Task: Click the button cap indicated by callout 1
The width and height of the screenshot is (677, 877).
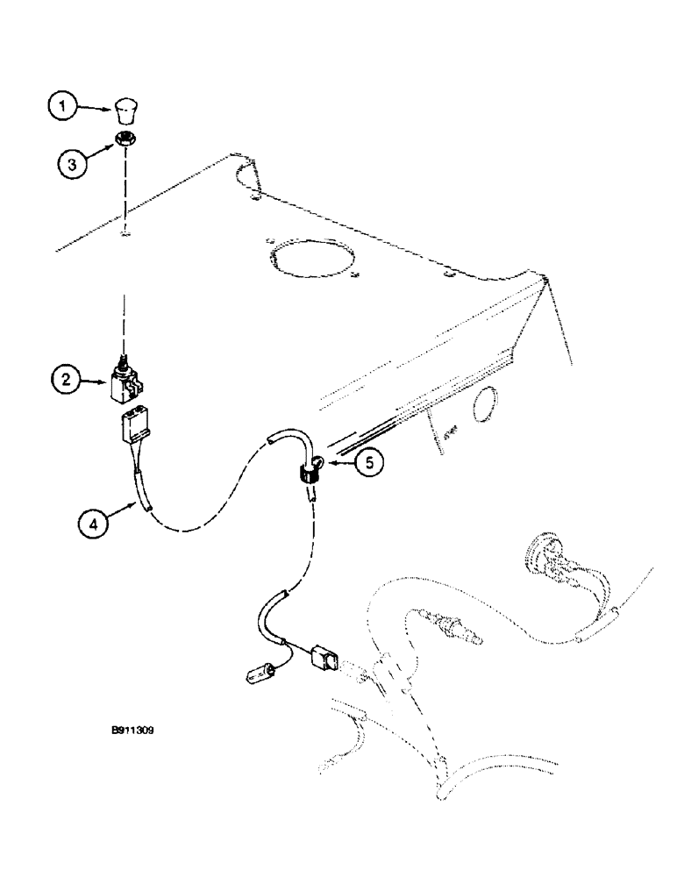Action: tap(125, 111)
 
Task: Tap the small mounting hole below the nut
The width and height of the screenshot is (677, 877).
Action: tap(126, 232)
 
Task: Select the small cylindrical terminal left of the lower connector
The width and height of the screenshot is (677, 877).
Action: tap(260, 676)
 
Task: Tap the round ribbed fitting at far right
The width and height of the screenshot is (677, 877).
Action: tap(538, 556)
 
